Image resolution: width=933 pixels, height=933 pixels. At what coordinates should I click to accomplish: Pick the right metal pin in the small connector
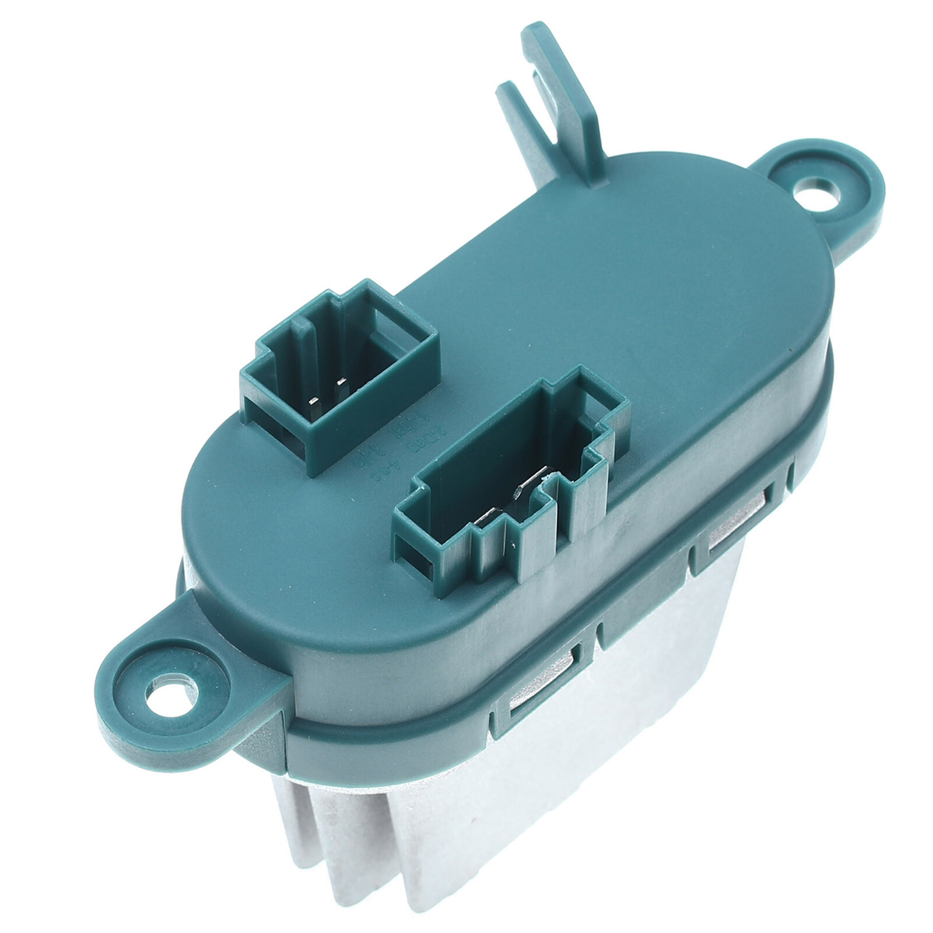[341, 383]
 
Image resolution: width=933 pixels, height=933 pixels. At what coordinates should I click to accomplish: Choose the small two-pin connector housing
[338, 373]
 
